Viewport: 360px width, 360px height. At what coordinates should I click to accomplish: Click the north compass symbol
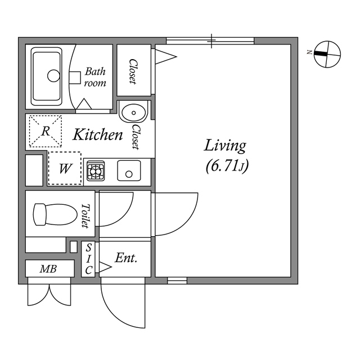tap(327, 53)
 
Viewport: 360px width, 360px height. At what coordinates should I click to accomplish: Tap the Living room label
tap(225, 146)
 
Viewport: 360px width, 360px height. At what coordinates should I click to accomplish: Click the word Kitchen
tap(98, 135)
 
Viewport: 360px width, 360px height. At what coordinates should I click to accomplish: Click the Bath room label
tap(95, 77)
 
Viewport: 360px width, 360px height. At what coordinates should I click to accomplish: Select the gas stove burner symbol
tap(96, 170)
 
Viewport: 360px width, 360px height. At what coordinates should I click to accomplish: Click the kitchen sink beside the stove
tap(129, 170)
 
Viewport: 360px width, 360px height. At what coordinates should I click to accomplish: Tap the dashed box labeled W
tap(64, 168)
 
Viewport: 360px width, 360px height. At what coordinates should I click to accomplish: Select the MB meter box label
tap(49, 269)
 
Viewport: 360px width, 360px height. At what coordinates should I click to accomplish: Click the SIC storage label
tap(89, 259)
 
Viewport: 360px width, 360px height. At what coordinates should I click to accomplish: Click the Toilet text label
tap(85, 215)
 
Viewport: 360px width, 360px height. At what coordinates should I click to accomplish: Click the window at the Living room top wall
tap(210, 40)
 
